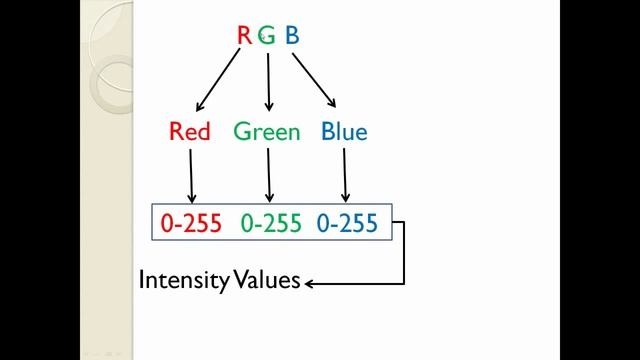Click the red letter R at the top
[x=244, y=36]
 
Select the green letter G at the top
[x=268, y=36]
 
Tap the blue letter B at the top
[x=292, y=36]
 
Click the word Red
[x=190, y=132]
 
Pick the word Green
[x=267, y=132]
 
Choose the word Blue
[x=344, y=132]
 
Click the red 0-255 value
[x=190, y=223]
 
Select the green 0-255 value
[x=270, y=223]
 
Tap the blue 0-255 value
[x=347, y=223]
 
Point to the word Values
[x=267, y=280]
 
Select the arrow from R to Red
[x=220, y=80]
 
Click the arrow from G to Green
[x=268, y=80]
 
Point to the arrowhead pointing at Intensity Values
[x=309, y=284]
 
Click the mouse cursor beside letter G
[x=262, y=36]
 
